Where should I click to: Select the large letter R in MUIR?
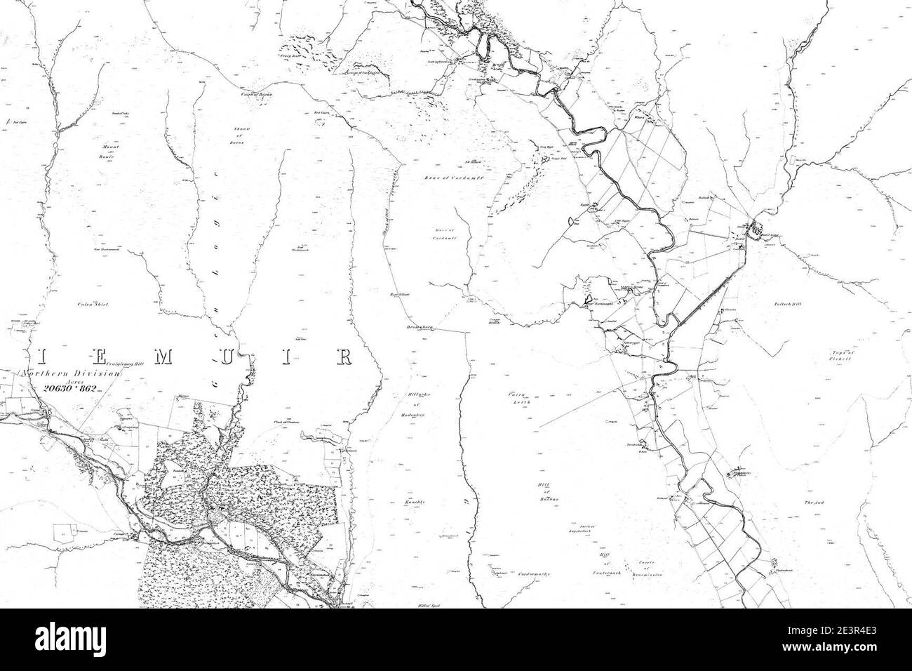[344, 357]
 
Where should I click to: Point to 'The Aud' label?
[813, 503]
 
